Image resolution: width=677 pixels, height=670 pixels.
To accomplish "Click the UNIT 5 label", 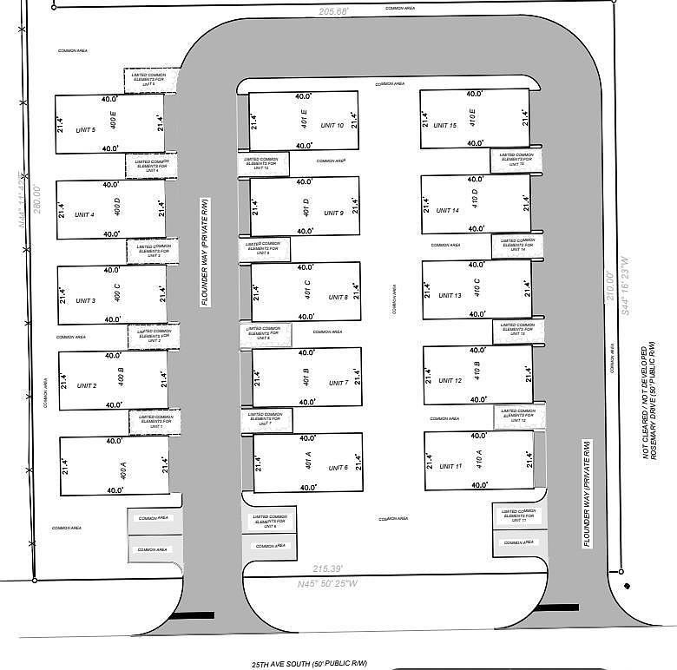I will coord(85,130).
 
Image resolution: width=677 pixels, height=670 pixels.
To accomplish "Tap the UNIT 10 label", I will coord(332,126).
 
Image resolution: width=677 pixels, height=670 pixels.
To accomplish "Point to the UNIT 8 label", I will coord(338,298).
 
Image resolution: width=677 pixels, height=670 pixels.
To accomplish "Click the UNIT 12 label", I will coord(451,381).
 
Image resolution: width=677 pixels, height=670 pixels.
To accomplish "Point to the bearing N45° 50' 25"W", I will coord(327,583).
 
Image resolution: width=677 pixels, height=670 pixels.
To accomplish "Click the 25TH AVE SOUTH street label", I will coord(304,663).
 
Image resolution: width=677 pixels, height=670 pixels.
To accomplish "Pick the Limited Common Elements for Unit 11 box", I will coord(520,516).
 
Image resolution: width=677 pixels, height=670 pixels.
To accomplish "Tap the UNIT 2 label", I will coord(87,385).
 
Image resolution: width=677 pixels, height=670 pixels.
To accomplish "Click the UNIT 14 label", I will coord(450,210).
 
